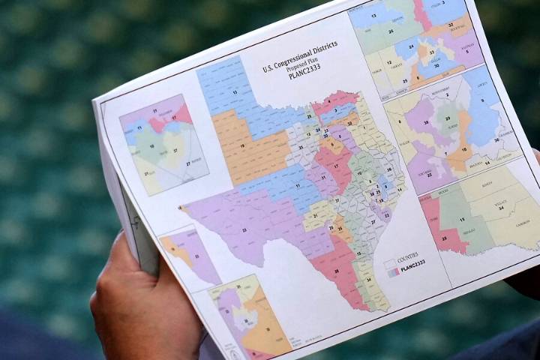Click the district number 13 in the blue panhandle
(x=235, y=92)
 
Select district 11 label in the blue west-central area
(x=279, y=184)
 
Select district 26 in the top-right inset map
(x=391, y=31)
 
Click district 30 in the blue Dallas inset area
(x=437, y=66)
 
